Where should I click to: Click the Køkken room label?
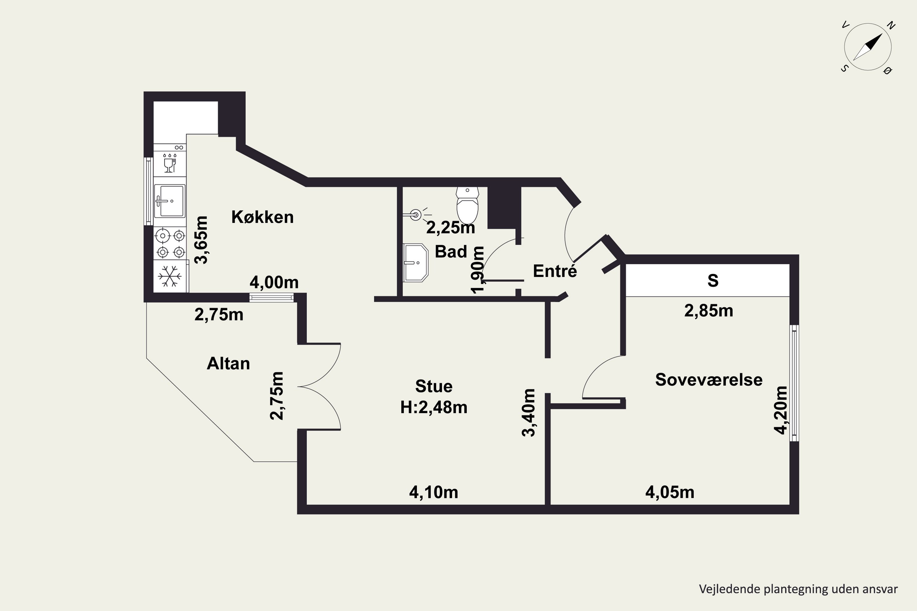pyautogui.click(x=262, y=217)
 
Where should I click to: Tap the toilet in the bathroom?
pyautogui.click(x=467, y=205)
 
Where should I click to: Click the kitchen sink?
pyautogui.click(x=170, y=201)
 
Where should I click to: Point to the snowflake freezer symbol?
pyautogui.click(x=170, y=276)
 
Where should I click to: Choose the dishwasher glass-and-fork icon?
pyautogui.click(x=170, y=163)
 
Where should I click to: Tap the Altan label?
pyautogui.click(x=228, y=364)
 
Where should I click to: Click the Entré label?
pyautogui.click(x=555, y=270)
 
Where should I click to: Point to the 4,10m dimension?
pyautogui.click(x=433, y=492)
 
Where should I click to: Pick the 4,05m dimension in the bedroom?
pyautogui.click(x=670, y=492)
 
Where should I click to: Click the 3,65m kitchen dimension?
pyautogui.click(x=201, y=240)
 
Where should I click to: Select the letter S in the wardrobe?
pyautogui.click(x=713, y=280)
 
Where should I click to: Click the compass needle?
pyautogui.click(x=867, y=47)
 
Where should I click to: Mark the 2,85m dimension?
pyautogui.click(x=709, y=311)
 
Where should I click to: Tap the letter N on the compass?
pyautogui.click(x=891, y=26)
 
